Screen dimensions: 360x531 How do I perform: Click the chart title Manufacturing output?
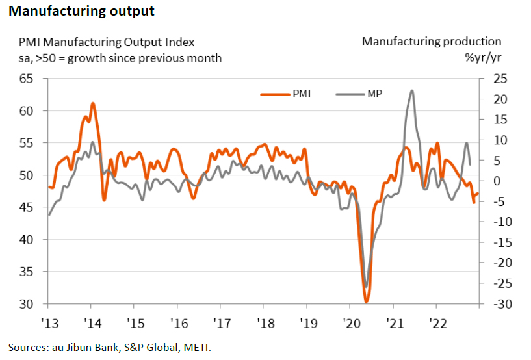pos(81,11)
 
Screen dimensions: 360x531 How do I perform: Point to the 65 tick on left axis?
pos(26,79)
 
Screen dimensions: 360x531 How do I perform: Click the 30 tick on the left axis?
pos(26,304)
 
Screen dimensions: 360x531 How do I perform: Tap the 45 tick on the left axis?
pos(26,207)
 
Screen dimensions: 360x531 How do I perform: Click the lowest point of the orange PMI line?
pos(367,302)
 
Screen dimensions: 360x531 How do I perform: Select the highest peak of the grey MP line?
pos(412,90)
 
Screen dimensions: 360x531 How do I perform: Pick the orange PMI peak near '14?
pos(93,103)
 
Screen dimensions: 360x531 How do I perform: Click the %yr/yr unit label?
pos(482,58)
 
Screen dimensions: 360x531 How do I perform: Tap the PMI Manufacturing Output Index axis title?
pos(106,42)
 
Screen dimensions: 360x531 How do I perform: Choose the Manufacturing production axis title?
pos(432,42)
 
